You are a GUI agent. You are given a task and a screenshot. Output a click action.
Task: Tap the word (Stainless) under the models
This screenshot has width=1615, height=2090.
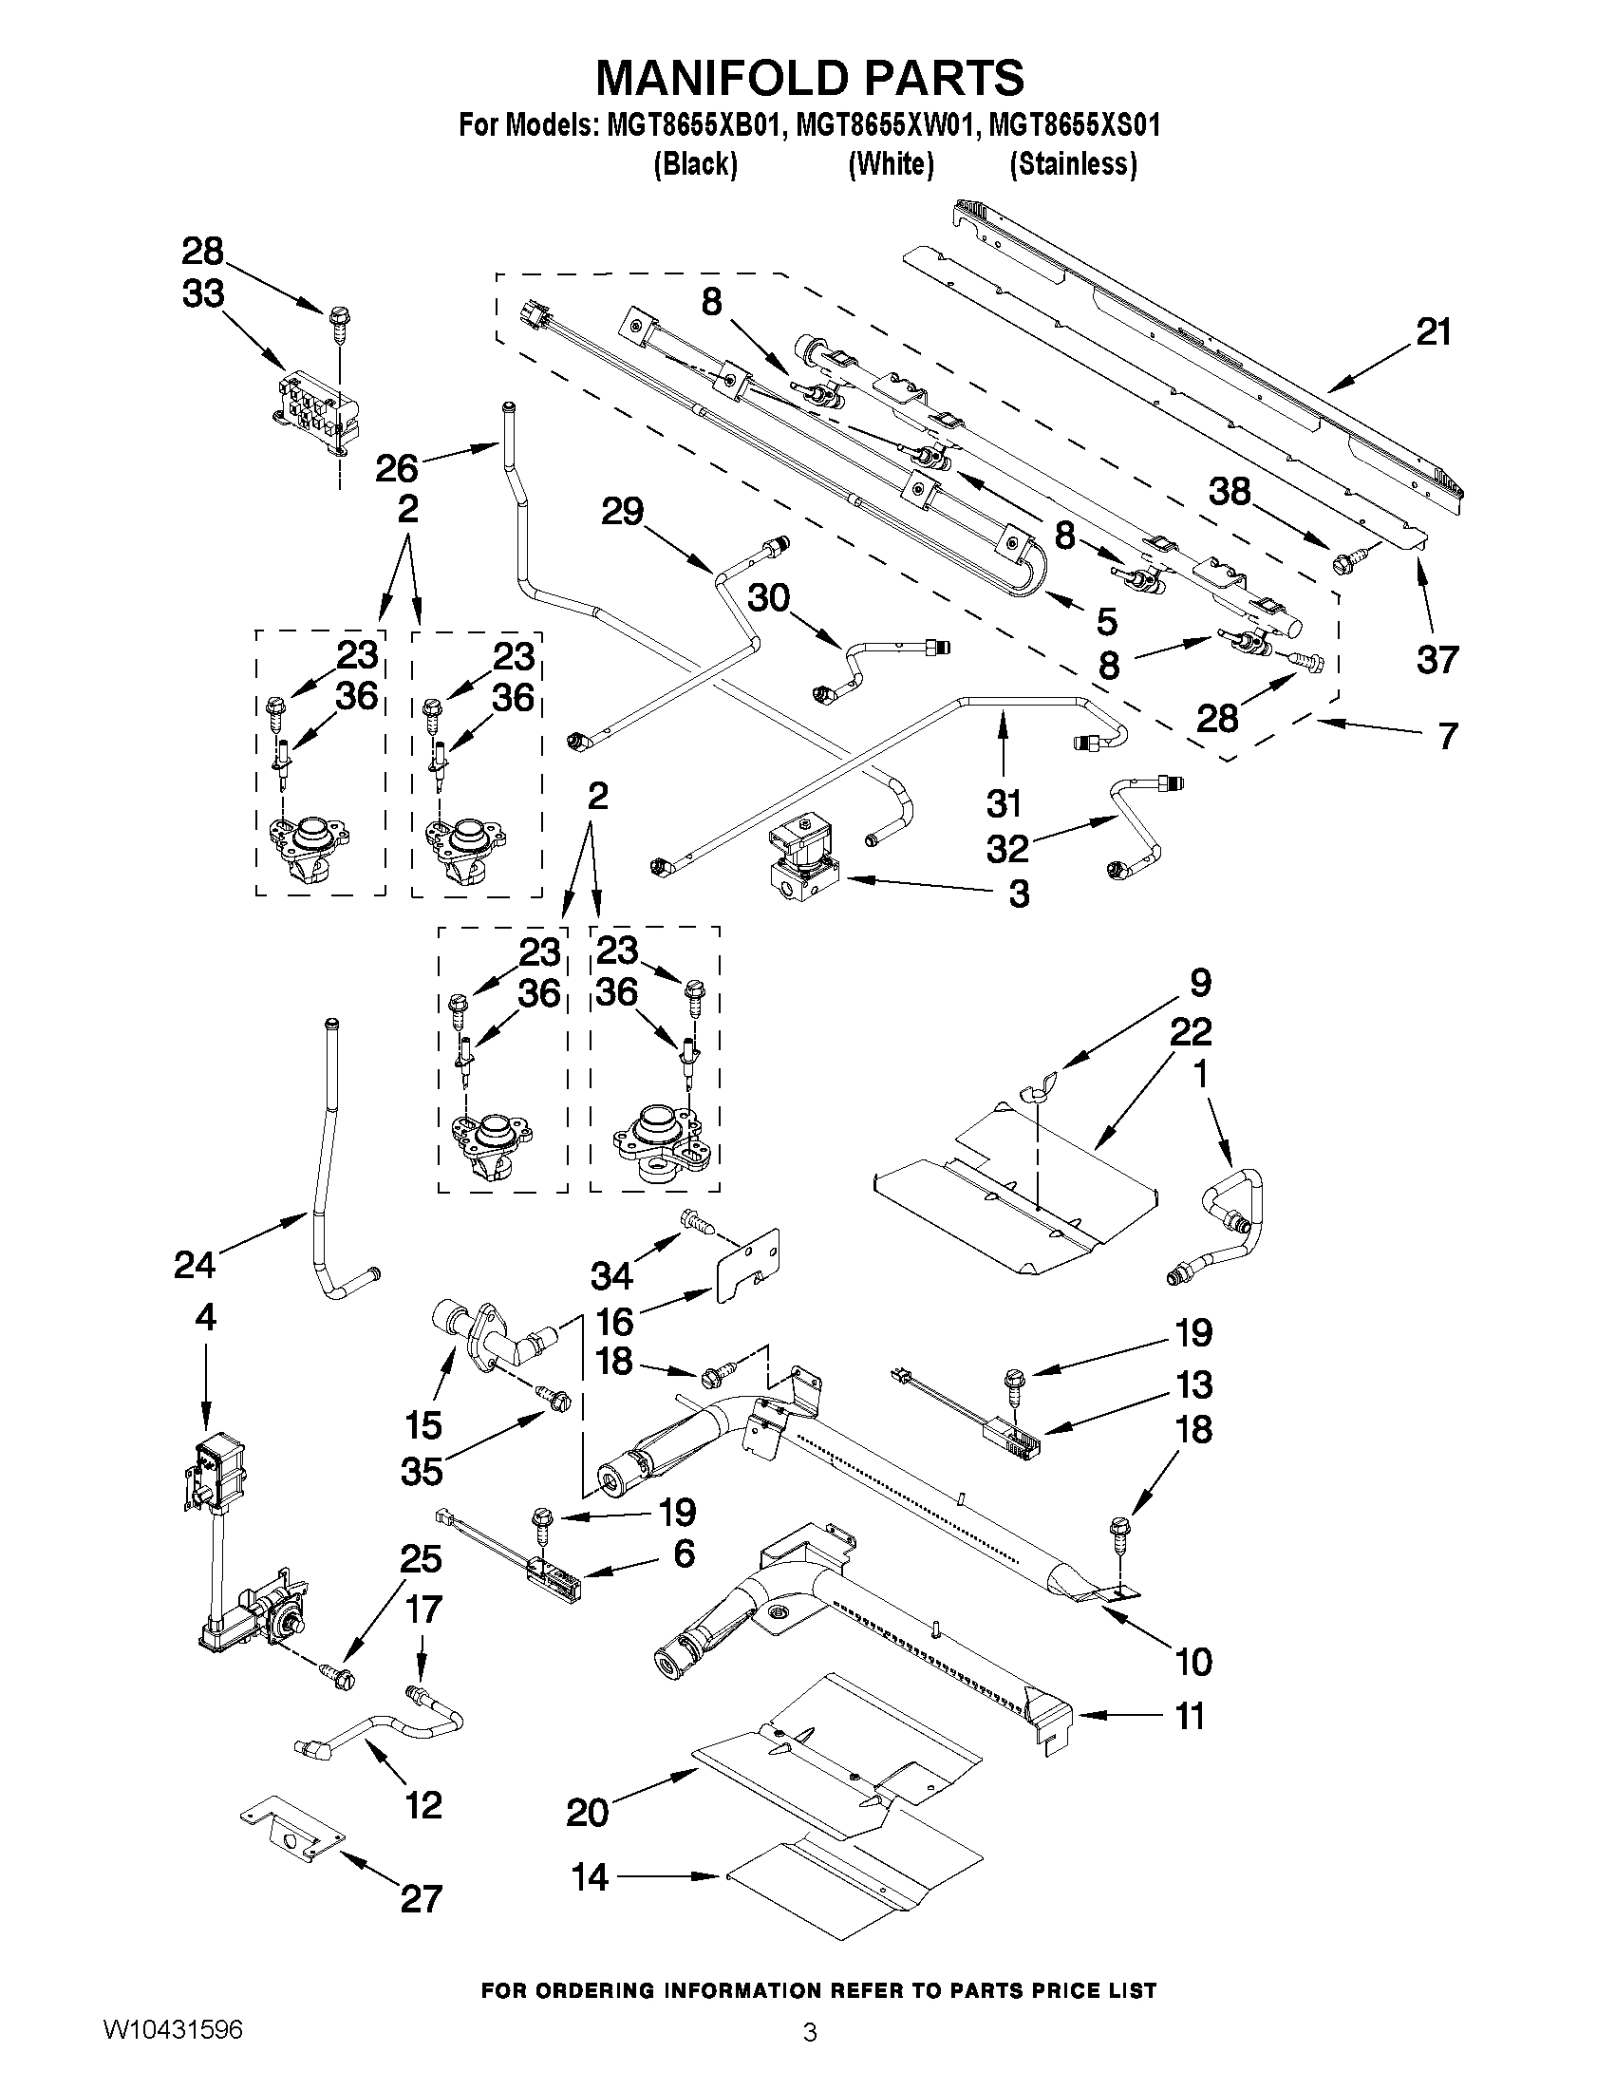[x=1074, y=164]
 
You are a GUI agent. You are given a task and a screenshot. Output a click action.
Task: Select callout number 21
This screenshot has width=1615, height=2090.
[x=1434, y=332]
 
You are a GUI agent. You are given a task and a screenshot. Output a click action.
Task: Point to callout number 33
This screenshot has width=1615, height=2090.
[x=203, y=293]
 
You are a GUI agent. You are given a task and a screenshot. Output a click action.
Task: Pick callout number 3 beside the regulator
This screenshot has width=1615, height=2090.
[x=1019, y=894]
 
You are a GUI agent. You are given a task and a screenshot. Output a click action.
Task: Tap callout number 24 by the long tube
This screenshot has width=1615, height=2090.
[x=196, y=1264]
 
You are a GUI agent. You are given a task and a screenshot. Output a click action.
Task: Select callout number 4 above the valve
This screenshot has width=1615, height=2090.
[x=205, y=1318]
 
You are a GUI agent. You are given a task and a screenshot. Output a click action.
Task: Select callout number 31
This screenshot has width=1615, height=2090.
[x=1004, y=803]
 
